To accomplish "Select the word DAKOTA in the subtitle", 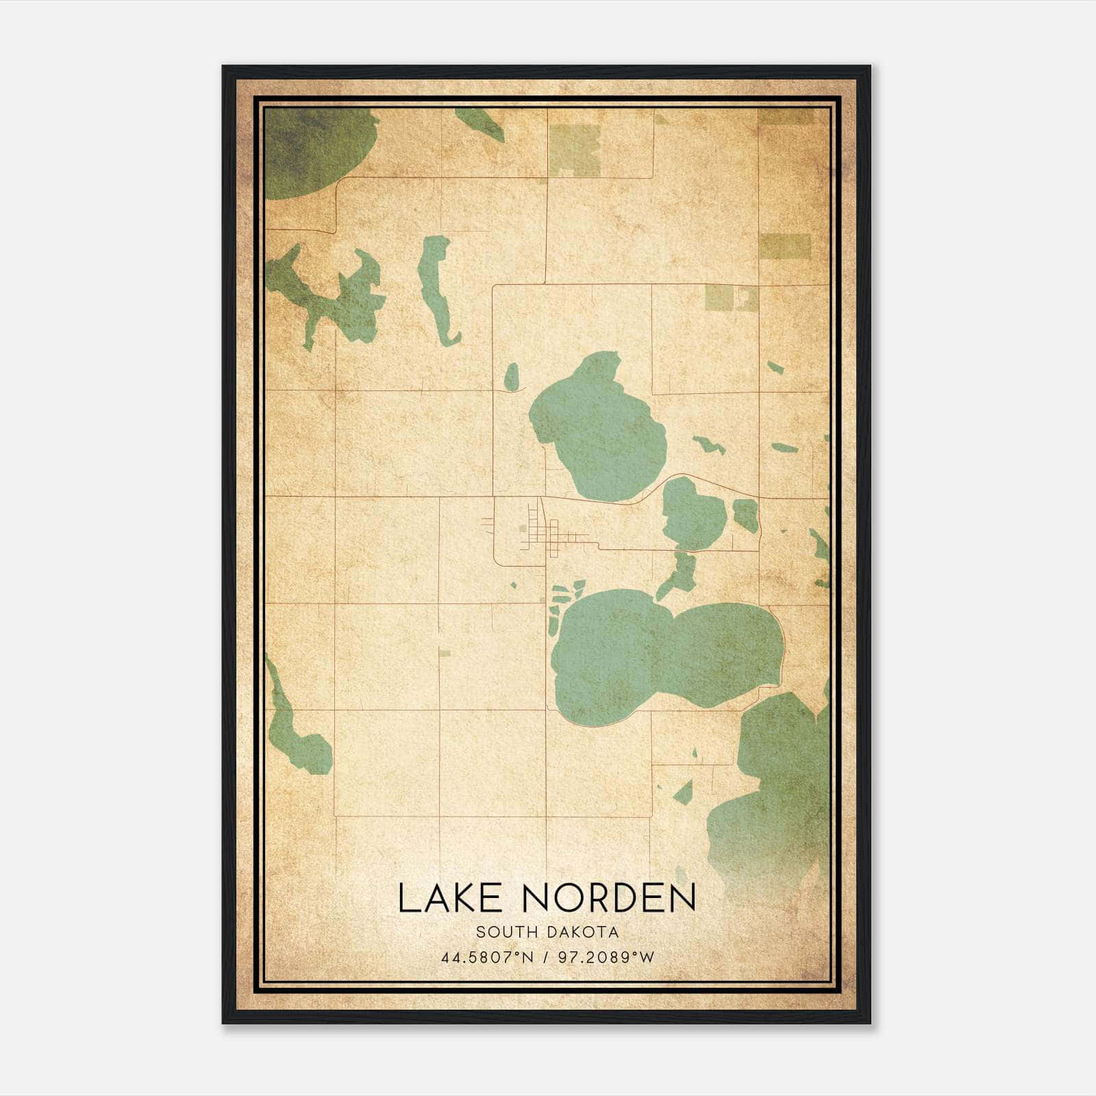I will coord(585,932).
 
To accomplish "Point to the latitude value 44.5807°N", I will coord(487,958).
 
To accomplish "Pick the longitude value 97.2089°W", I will coord(603,958).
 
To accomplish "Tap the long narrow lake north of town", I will coord(436,288).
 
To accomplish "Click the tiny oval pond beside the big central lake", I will coord(512,377).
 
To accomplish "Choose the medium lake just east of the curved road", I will coord(692,514).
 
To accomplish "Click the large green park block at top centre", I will coord(574,149).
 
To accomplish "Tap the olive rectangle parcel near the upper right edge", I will coord(785,246).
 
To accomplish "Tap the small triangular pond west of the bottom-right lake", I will coord(683,793).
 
